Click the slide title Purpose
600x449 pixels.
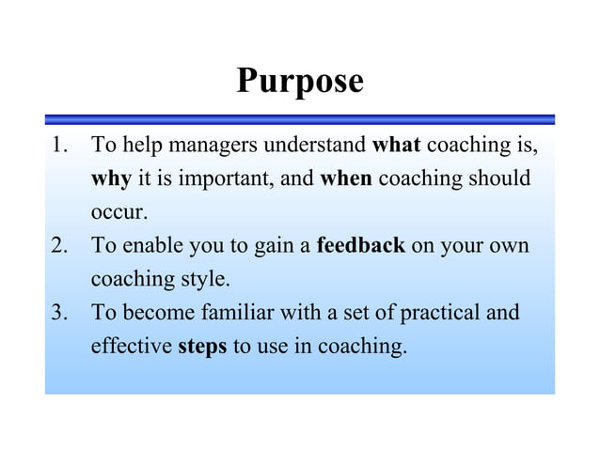click(299, 81)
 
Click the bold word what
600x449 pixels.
click(396, 146)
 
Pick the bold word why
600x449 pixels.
click(111, 179)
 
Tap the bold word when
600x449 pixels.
click(346, 178)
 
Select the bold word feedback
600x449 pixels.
click(361, 246)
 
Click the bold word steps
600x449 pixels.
click(202, 347)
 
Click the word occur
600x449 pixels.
click(118, 213)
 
